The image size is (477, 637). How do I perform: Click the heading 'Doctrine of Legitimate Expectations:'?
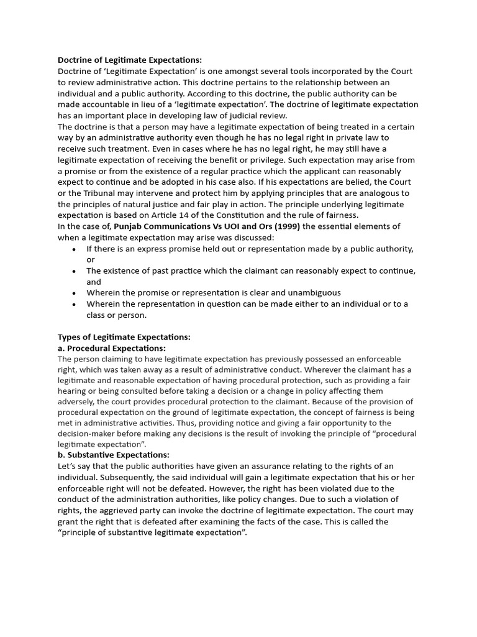point(130,60)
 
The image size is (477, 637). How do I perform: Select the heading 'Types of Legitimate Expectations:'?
point(124,337)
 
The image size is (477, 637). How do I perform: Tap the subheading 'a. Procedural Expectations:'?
point(112,348)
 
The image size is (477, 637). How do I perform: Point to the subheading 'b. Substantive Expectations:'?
point(113,455)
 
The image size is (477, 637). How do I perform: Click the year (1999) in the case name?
point(286,226)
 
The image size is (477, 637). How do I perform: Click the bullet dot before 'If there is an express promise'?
point(74,249)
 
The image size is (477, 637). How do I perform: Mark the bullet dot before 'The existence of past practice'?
point(74,271)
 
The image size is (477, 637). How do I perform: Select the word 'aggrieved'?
point(119,511)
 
